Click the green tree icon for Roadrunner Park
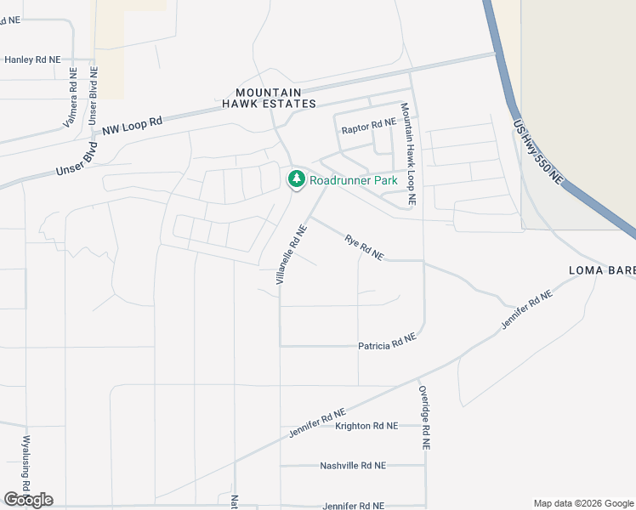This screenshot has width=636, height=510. click(296, 179)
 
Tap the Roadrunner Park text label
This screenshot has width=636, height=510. click(354, 180)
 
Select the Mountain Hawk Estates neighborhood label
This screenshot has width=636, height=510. click(269, 98)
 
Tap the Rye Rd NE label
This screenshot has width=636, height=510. click(364, 247)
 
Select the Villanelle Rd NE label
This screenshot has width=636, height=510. click(291, 253)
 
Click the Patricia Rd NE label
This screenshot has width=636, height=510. click(387, 342)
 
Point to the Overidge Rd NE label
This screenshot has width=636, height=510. click(424, 417)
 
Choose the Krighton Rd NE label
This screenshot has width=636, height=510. click(366, 426)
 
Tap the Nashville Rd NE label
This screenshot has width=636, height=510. click(353, 466)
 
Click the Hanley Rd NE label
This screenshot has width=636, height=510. click(32, 59)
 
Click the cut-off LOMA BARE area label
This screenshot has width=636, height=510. click(601, 271)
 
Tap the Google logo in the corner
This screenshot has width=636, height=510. click(28, 499)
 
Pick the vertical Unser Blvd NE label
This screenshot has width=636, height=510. click(93, 103)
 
